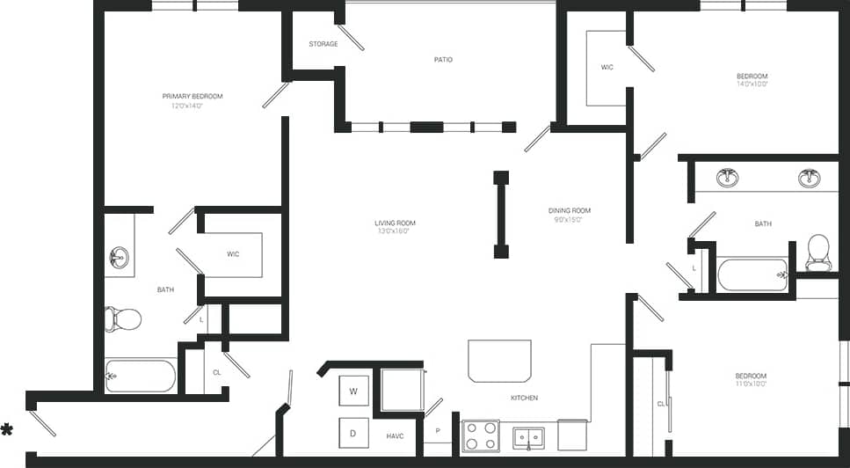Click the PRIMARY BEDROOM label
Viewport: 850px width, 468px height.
point(193,96)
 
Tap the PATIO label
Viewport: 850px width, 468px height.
point(443,60)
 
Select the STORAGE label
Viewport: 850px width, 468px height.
point(323,44)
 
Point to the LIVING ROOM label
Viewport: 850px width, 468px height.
point(395,223)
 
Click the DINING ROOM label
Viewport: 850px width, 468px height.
point(570,210)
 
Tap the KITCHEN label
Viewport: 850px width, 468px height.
point(524,398)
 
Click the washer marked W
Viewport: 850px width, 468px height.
point(353,391)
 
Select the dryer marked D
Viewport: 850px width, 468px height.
point(353,433)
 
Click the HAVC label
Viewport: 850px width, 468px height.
point(395,435)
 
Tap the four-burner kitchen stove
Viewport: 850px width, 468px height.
point(481,435)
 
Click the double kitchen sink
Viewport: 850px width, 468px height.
point(528,436)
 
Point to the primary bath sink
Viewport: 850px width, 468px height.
point(119,258)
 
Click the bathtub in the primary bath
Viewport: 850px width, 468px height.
point(141,376)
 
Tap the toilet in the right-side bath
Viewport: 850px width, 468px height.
point(817,251)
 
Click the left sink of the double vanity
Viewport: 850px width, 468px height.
point(727,178)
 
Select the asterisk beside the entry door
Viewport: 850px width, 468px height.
point(7,429)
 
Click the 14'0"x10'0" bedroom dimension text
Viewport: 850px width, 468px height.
point(752,85)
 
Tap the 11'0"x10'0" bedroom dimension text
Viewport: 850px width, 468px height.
point(751,384)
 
